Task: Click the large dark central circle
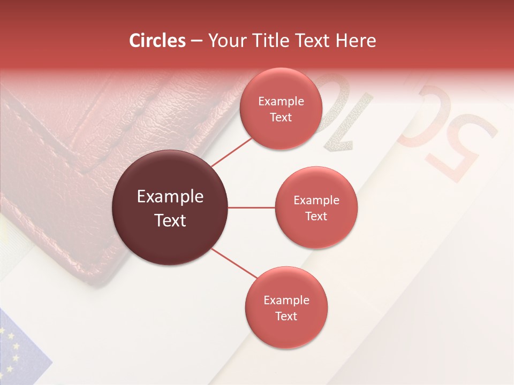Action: [170, 207]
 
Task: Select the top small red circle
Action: [281, 109]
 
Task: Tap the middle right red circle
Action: [316, 207]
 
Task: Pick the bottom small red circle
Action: [286, 307]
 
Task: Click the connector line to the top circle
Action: [231, 152]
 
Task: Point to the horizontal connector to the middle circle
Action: [252, 207]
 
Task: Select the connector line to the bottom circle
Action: [233, 263]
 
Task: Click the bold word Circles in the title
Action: [157, 41]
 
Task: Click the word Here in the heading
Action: [356, 41]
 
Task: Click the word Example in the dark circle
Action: [170, 197]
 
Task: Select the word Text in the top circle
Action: [281, 117]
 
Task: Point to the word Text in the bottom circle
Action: [286, 316]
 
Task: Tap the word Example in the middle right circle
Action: [316, 200]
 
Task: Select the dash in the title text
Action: [196, 41]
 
